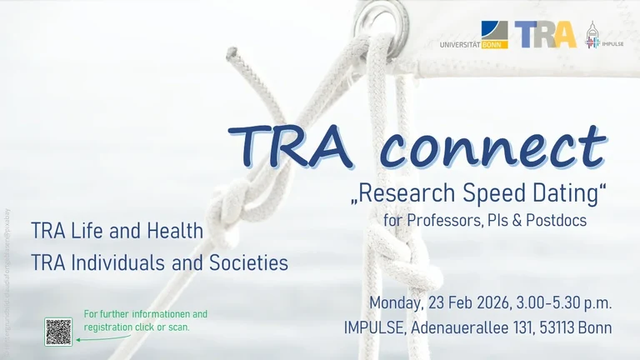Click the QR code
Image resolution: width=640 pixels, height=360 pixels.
click(x=58, y=332)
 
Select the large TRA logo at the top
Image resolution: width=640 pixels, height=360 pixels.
click(x=545, y=34)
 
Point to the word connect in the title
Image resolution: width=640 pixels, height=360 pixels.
click(x=492, y=147)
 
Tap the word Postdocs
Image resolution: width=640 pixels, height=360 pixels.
click(x=558, y=221)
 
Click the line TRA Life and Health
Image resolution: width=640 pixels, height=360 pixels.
click(x=117, y=231)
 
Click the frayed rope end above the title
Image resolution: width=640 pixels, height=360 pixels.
click(x=232, y=57)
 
